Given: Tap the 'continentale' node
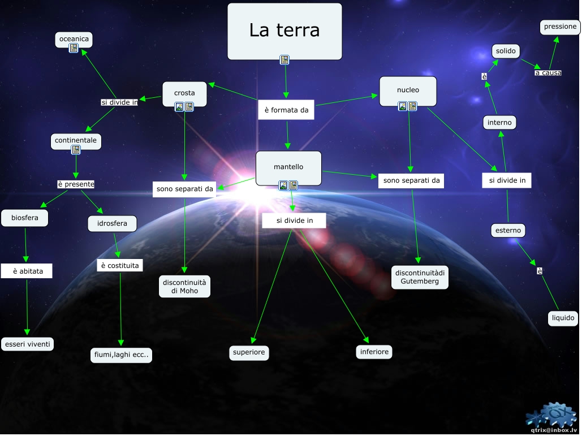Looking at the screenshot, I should pos(76,140).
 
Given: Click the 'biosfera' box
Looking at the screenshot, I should pos(25,218).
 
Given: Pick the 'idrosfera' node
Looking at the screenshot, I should pos(113,224).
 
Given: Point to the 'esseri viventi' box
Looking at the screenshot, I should pos(28,344).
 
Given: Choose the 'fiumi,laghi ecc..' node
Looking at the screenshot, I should pos(122,355).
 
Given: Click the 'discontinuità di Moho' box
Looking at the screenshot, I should pos(186,286).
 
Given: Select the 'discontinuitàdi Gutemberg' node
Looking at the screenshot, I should pos(420,277).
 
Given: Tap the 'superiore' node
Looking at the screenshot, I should pos(249,353).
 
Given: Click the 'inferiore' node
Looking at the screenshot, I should pos(375,352).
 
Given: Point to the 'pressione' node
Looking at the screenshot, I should pos(561,27).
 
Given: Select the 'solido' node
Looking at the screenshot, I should pos(506,51).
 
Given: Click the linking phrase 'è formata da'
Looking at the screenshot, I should pos(287,110).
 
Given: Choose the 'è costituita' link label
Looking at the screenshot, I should pos(120,265).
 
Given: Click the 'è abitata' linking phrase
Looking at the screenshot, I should pos(28,271).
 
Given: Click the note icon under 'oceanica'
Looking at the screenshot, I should pos(74,49).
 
